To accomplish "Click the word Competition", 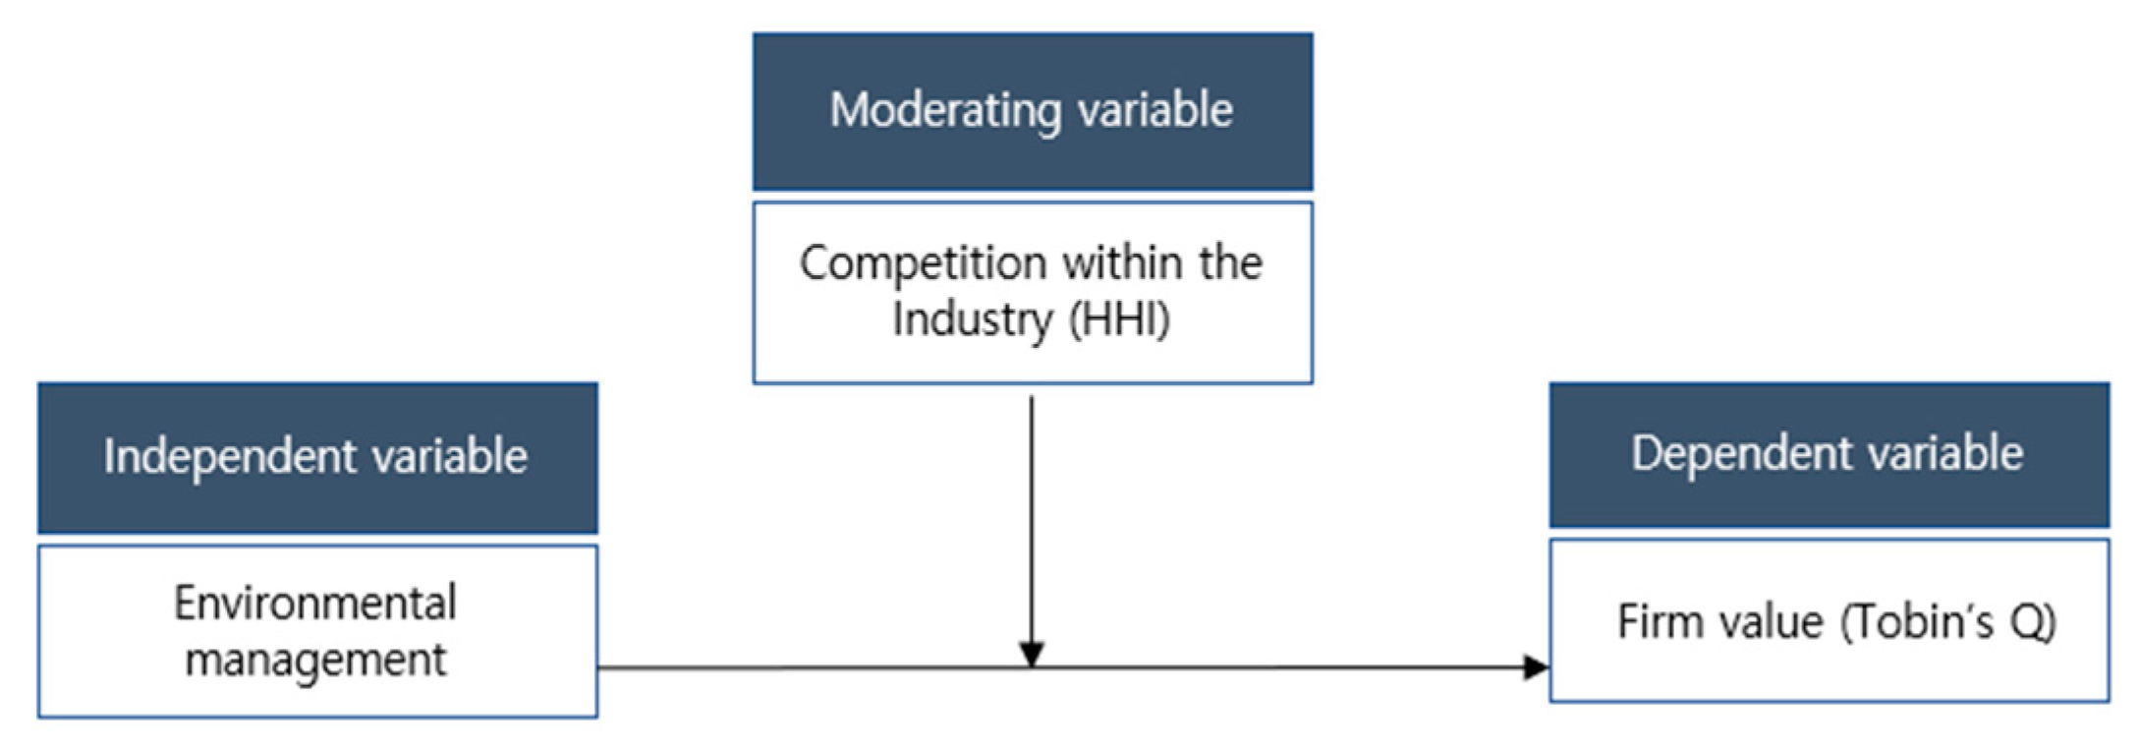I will [922, 263].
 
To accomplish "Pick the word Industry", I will [972, 319].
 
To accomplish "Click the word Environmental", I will [315, 603].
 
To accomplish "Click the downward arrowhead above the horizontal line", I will [1031, 654].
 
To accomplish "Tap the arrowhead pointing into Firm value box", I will [1535, 668].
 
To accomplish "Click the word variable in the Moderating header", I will [1155, 110].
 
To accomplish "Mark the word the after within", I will [1230, 263].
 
